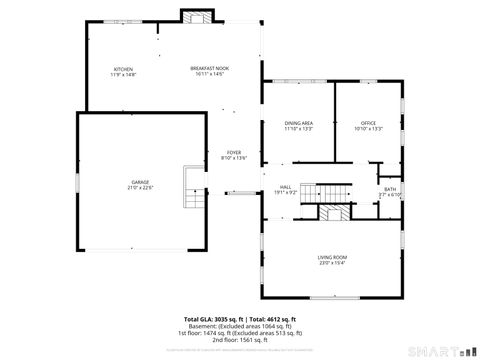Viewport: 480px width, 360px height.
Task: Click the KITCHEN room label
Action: pyautogui.click(x=122, y=68)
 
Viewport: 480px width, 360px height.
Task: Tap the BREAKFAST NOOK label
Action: pyautogui.click(x=209, y=68)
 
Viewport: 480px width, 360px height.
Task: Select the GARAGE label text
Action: pyautogui.click(x=139, y=182)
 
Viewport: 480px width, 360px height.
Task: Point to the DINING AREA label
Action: pyautogui.click(x=299, y=123)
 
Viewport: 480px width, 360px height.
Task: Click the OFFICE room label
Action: pyautogui.click(x=368, y=123)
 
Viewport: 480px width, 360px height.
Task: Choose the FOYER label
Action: pyautogui.click(x=232, y=151)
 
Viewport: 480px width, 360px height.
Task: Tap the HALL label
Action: pyautogui.click(x=285, y=187)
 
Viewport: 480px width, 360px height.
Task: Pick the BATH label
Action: pyautogui.click(x=390, y=189)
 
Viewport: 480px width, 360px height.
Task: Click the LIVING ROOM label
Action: pyautogui.click(x=332, y=258)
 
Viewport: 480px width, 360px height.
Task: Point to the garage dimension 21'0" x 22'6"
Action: pyautogui.click(x=139, y=188)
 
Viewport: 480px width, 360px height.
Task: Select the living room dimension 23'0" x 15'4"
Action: pyautogui.click(x=332, y=264)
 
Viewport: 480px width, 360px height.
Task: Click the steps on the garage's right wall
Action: pyautogui.click(x=193, y=188)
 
